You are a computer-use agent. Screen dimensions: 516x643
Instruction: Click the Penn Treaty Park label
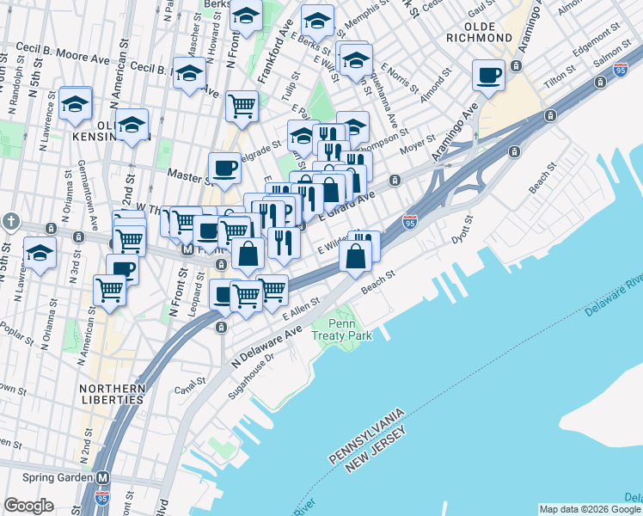pos(342,329)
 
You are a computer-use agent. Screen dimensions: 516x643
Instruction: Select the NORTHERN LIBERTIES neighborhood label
pos(112,394)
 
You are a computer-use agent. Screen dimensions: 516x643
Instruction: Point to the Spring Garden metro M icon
pos(104,477)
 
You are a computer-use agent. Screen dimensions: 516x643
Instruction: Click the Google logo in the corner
pos(28,506)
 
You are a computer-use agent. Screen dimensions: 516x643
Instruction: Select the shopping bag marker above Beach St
pos(356,255)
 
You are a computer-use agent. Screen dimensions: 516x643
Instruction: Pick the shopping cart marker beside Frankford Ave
pos(242,106)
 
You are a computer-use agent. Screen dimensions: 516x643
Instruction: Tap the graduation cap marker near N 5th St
pos(40,253)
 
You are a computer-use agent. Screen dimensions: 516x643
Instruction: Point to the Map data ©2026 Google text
pos(590,509)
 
